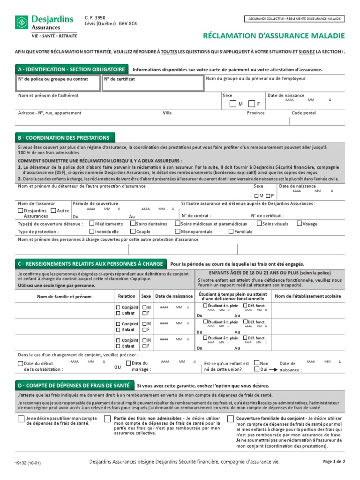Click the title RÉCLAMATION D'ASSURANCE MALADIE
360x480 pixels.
tap(274, 36)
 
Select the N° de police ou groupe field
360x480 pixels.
tap(58, 83)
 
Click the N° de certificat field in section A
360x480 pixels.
tap(152, 83)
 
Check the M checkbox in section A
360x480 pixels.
tap(233, 104)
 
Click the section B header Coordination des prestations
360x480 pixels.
tap(65, 138)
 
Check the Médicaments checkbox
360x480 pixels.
tap(91, 224)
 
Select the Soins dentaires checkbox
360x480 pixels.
tap(133, 224)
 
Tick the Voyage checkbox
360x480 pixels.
tap(299, 224)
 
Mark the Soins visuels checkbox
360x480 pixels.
tap(259, 224)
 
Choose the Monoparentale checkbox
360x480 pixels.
tap(178, 231)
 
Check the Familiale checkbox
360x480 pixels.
tap(231, 231)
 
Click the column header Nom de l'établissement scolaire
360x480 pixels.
tap(307, 296)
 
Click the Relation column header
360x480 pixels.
tap(127, 296)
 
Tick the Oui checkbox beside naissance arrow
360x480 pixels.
tap(256, 369)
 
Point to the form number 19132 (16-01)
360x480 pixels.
tap(28, 463)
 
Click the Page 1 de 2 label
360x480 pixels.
tap(334, 462)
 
